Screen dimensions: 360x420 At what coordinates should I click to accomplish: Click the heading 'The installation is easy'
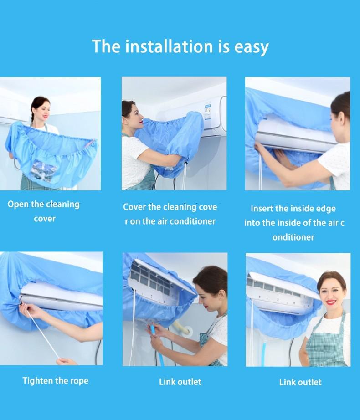point(180,46)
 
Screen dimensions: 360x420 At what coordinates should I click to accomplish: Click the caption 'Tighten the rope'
point(56,381)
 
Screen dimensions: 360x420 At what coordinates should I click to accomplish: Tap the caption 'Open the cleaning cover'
point(44,211)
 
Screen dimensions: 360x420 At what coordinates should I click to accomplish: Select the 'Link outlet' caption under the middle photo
point(180,382)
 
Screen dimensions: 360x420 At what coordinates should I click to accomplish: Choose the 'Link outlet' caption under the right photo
point(300,382)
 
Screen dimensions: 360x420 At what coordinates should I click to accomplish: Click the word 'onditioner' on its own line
point(293,237)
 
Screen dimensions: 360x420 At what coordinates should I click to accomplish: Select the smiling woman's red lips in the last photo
point(332,302)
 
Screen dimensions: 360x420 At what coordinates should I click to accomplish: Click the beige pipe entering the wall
point(182,329)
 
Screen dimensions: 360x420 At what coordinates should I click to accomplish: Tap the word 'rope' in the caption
point(79,381)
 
